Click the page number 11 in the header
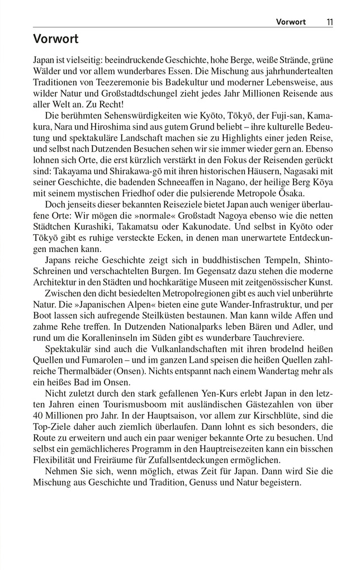click(x=330, y=22)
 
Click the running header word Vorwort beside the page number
click(x=291, y=22)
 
